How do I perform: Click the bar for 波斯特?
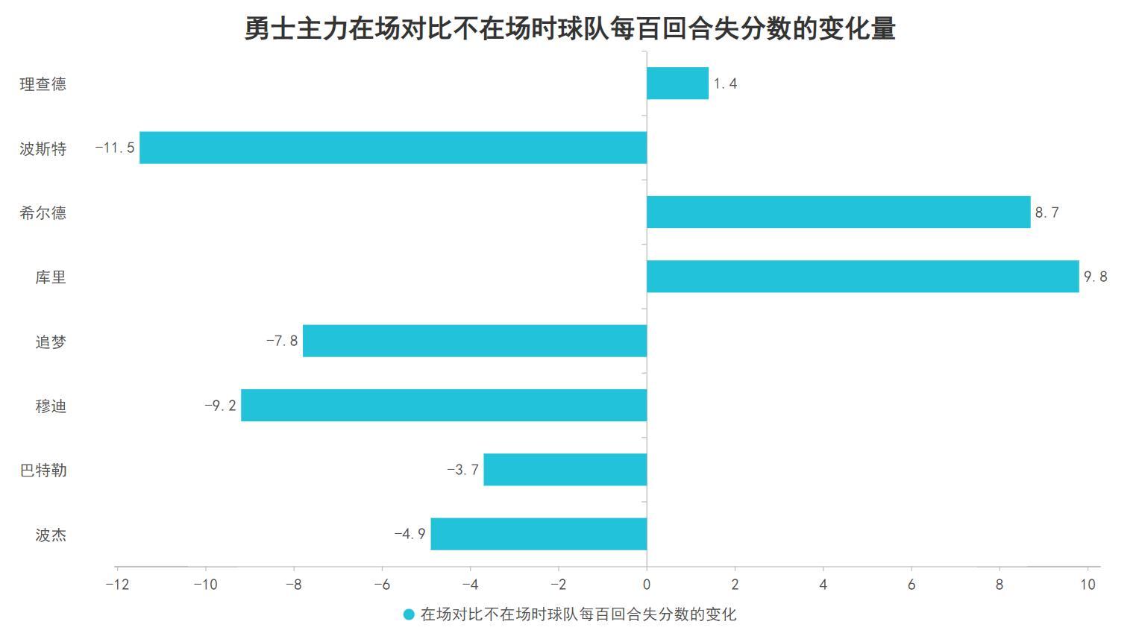point(393,148)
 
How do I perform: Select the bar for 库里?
point(862,277)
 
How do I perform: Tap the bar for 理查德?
point(677,84)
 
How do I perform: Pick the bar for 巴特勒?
point(565,470)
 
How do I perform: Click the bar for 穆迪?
point(444,406)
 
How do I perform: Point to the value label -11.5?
point(115,148)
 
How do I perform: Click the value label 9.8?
point(1095,277)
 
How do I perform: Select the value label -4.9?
point(410,534)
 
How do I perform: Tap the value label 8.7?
point(1047,213)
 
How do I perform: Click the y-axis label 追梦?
point(51,342)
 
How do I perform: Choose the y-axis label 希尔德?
point(43,213)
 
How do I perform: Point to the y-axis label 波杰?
point(51,535)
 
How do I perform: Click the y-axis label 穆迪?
point(51,406)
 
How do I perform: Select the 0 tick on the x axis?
point(647,585)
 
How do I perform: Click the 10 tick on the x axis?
point(1088,585)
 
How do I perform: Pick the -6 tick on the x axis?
point(382,585)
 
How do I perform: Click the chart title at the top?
point(570,28)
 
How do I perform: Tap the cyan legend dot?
point(409,614)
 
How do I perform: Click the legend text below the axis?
point(578,614)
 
